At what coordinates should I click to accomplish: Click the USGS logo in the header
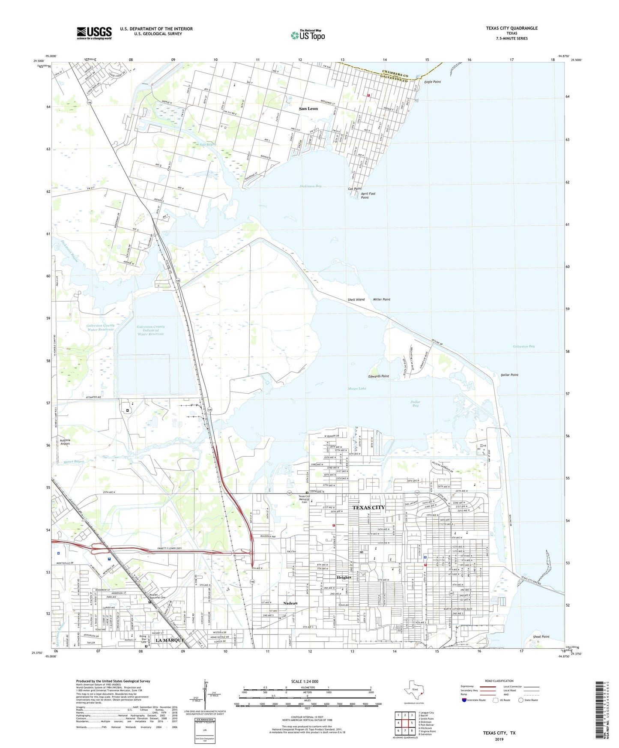click(x=94, y=33)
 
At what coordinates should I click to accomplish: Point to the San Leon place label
click(x=308, y=109)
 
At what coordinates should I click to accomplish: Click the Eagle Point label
click(x=432, y=82)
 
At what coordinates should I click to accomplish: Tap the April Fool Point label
click(x=368, y=196)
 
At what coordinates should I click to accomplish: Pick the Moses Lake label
click(x=357, y=389)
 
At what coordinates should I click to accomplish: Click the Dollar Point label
click(x=509, y=375)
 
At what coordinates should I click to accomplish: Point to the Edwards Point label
click(x=379, y=376)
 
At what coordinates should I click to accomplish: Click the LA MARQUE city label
click(x=170, y=640)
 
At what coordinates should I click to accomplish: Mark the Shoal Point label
click(x=541, y=637)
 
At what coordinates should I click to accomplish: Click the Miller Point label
click(x=382, y=299)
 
